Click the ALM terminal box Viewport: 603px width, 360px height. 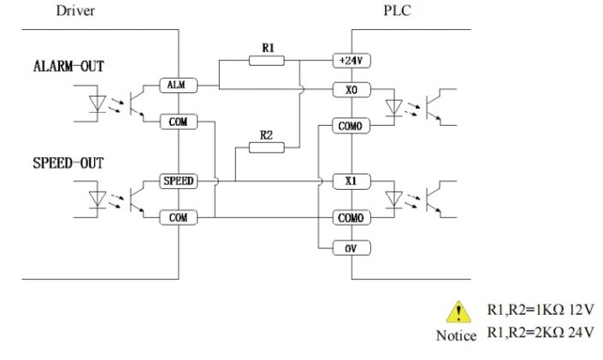pyautogui.click(x=178, y=85)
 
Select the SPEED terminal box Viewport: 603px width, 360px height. pyautogui.click(x=178, y=181)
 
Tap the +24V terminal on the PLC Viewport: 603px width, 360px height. pyautogui.click(x=351, y=61)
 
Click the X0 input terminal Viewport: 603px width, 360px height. pyautogui.click(x=351, y=89)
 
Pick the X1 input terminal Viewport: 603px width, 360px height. pyautogui.click(x=351, y=181)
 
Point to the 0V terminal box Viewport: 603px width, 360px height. pyautogui.click(x=351, y=248)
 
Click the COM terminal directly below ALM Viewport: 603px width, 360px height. pyautogui.click(x=178, y=122)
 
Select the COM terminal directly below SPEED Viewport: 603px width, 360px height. pyautogui.click(x=178, y=218)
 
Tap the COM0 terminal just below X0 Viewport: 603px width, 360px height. pyautogui.click(x=351, y=126)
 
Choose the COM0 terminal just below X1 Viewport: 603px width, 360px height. pyautogui.click(x=351, y=218)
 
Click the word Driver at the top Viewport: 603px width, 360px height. pyautogui.click(x=75, y=11)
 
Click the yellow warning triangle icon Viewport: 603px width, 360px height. pyautogui.click(x=460, y=311)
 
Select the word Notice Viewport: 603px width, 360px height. pyautogui.click(x=456, y=335)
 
